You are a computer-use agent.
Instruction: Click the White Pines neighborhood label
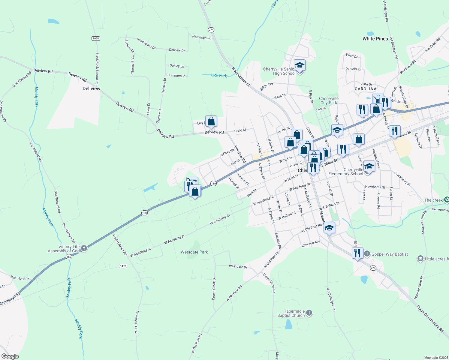click(375, 39)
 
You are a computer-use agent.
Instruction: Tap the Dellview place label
click(91, 88)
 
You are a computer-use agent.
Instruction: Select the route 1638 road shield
click(96, 38)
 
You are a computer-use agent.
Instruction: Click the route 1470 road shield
click(123, 266)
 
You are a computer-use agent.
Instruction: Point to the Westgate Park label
click(194, 252)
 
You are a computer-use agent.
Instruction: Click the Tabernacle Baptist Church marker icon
click(309, 313)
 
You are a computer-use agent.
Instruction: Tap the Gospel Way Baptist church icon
click(367, 254)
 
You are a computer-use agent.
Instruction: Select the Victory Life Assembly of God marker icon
click(84, 248)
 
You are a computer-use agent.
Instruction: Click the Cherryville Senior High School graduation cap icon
click(299, 65)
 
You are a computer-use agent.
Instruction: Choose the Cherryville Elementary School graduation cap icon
click(369, 166)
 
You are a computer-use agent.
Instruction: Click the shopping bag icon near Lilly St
click(211, 121)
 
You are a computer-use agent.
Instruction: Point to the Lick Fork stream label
click(219, 75)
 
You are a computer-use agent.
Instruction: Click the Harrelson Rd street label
click(202, 37)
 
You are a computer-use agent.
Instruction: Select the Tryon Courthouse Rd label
click(430, 319)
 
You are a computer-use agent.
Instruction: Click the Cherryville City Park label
click(329, 100)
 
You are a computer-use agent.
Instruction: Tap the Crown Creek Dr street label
click(214, 289)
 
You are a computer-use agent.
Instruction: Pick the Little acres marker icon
click(420, 258)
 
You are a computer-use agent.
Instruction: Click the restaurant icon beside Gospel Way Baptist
click(357, 253)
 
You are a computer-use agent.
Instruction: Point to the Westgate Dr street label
click(238, 266)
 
